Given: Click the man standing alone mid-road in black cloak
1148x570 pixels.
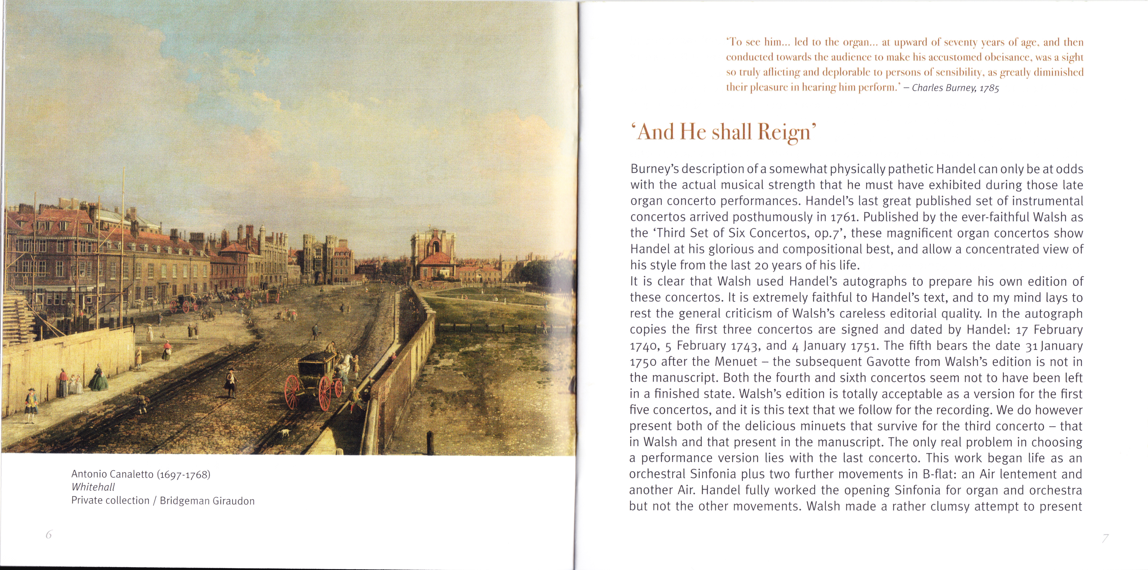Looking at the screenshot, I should (230, 382).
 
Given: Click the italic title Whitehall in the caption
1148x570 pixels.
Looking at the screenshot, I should (93, 487).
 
